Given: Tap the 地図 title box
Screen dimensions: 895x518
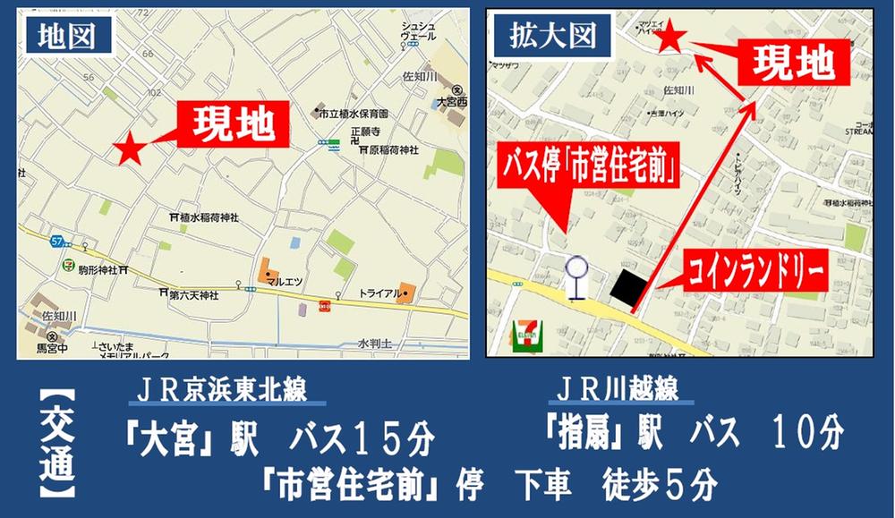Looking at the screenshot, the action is coord(67,35).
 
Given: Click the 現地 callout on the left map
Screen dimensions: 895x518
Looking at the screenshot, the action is coord(234,124).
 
